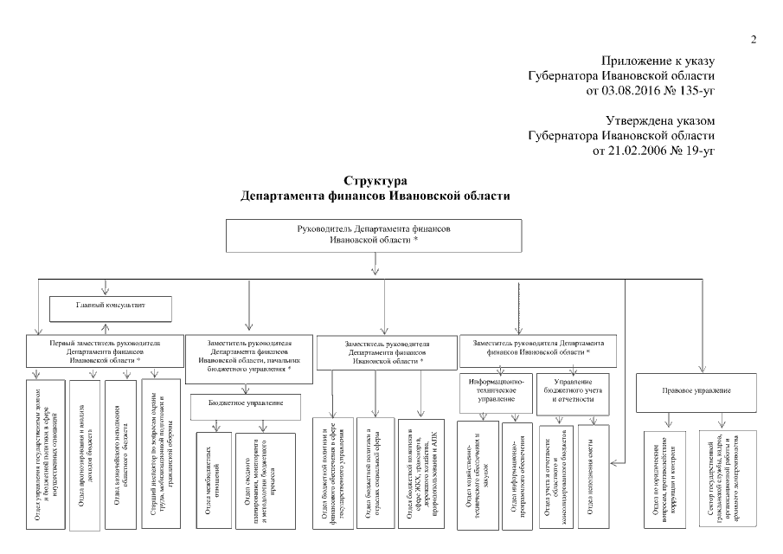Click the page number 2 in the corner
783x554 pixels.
[x=754, y=40]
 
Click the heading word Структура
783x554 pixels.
[x=375, y=182]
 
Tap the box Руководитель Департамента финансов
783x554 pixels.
[x=373, y=235]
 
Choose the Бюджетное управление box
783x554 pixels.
[x=246, y=404]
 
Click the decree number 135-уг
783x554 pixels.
[x=689, y=88]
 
